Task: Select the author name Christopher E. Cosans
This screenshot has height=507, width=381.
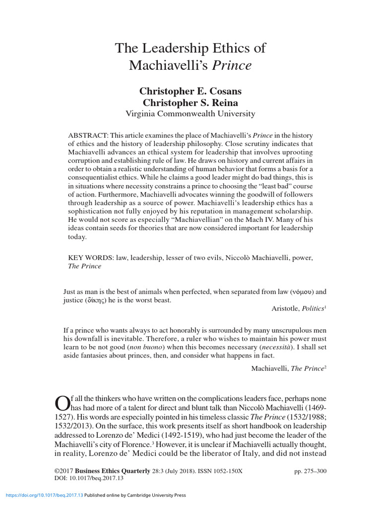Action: (191, 92)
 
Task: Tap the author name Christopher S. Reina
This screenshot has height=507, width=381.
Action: (191, 102)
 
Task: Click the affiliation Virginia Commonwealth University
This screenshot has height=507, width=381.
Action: (191, 113)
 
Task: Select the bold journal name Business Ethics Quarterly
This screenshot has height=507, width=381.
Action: (113, 471)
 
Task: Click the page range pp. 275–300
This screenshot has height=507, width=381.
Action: (311, 471)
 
